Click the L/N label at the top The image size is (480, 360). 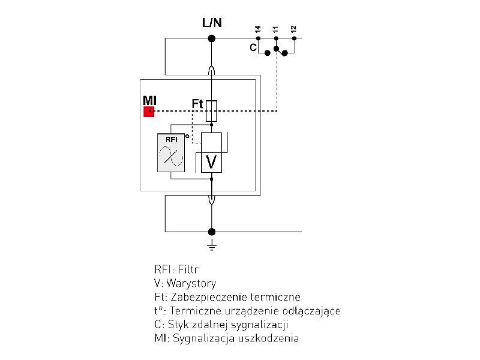tap(211, 23)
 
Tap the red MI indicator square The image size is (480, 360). tap(149, 111)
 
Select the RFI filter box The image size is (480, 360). tap(171, 152)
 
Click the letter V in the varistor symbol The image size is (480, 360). tap(211, 161)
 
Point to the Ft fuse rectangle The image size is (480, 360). tap(211, 111)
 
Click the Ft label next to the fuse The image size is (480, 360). tap(197, 104)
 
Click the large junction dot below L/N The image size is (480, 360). tap(211, 38)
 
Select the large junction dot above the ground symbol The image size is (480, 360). tap(211, 232)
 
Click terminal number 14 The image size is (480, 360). tap(257, 29)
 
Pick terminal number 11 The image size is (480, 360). tap(275, 29)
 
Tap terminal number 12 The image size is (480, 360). tap(293, 29)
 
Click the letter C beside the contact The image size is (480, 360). tap(253, 47)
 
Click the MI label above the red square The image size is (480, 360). tap(149, 100)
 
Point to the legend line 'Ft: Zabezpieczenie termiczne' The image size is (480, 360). tap(227, 297)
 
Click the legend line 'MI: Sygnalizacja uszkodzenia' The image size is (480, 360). tap(226, 338)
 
